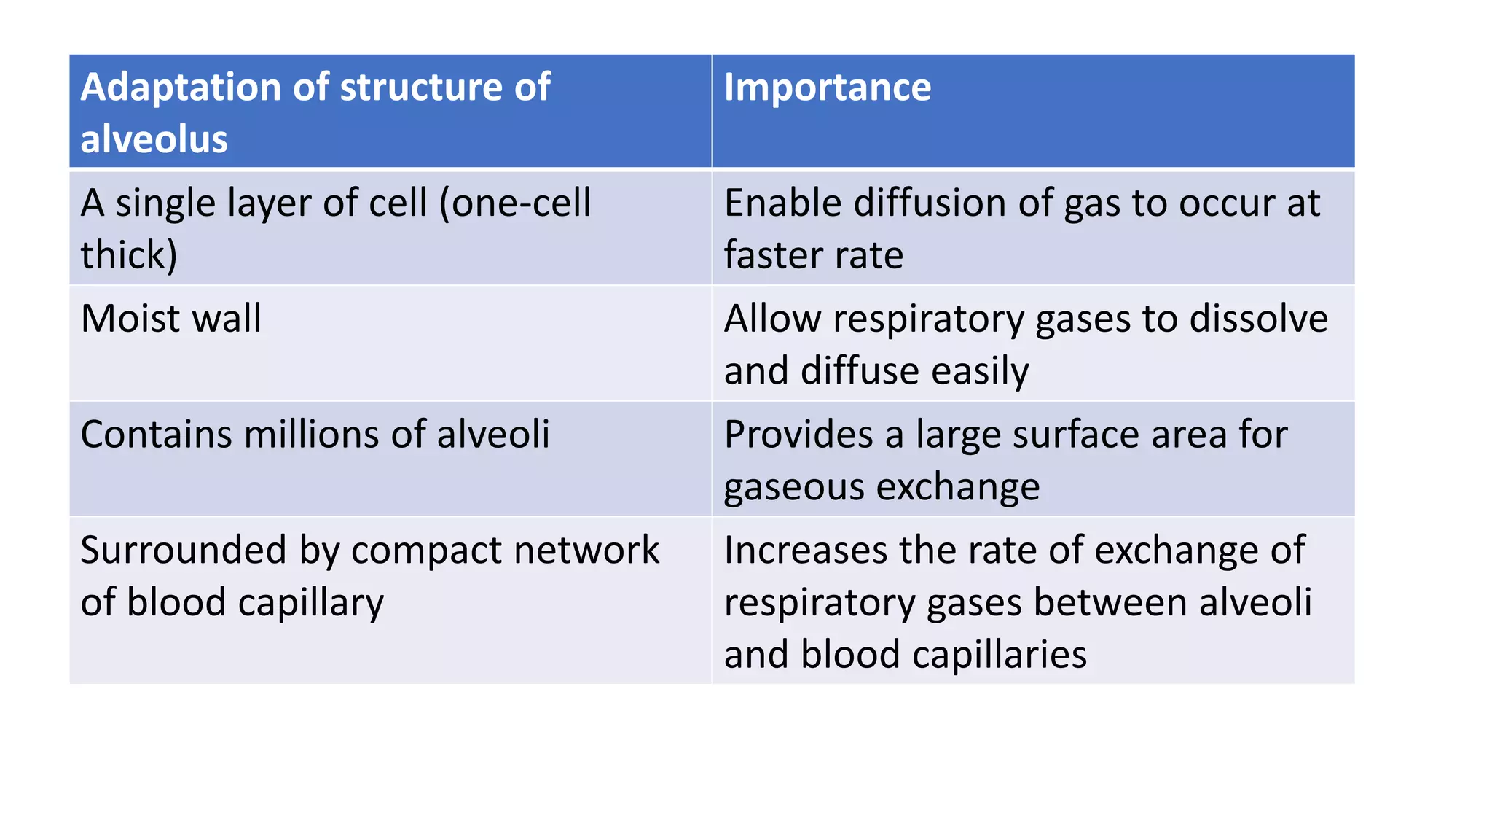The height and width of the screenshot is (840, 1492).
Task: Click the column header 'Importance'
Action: pos(827,87)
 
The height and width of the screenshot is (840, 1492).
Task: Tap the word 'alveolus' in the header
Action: pos(154,139)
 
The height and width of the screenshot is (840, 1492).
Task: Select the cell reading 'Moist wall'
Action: pos(171,319)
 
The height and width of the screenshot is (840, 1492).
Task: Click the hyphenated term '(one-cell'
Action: pos(514,203)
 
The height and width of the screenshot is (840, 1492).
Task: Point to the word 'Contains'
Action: pos(156,435)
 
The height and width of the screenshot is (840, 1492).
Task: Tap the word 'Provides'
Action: pos(798,435)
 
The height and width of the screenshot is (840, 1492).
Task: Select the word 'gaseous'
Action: pos(794,487)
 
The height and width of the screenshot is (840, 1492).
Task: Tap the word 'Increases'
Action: pos(806,550)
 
